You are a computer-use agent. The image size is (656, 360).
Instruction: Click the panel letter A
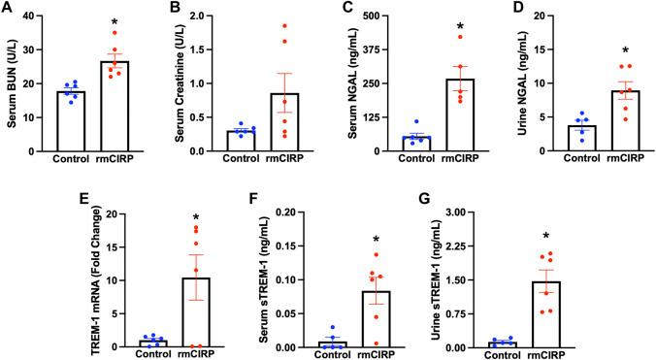coord(9,9)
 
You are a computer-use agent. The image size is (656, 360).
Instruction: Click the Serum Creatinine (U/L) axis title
coord(180,79)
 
